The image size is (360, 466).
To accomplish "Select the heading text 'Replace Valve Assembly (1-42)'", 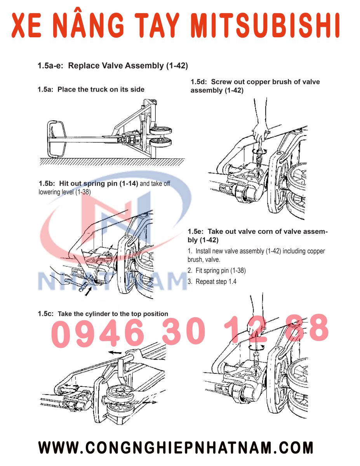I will (x=128, y=66).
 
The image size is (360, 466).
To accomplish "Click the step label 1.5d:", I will (x=200, y=82).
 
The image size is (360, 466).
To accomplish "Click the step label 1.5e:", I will (x=197, y=232).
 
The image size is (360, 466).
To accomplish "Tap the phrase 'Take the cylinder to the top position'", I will (x=113, y=314).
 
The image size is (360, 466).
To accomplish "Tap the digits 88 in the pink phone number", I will (x=307, y=328).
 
